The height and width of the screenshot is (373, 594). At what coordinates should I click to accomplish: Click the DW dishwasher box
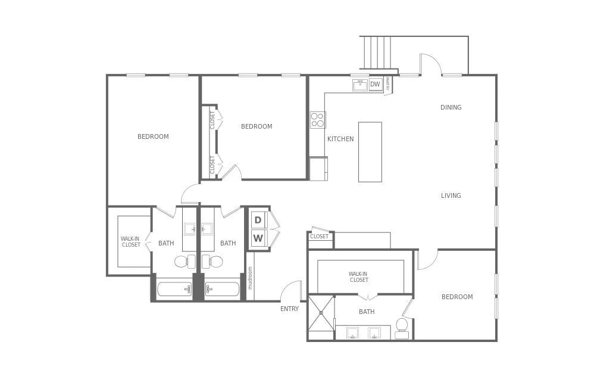(375, 85)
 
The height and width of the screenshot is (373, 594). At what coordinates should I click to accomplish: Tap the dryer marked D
(258, 220)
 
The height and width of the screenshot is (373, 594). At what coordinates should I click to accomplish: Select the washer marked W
(258, 239)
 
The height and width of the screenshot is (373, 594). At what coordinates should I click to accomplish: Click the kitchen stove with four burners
(318, 120)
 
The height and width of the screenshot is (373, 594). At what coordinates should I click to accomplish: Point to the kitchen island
(370, 152)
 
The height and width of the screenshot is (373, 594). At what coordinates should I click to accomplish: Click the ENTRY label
(289, 309)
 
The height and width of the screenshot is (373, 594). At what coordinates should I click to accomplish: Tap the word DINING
(451, 108)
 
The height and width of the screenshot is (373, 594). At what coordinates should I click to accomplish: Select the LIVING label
(451, 195)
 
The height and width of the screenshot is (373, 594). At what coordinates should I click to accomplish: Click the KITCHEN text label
(340, 139)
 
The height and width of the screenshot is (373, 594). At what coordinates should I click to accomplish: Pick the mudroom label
(250, 278)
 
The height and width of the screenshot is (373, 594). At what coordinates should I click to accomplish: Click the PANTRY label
(387, 84)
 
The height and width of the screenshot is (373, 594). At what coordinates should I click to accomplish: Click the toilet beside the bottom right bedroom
(402, 328)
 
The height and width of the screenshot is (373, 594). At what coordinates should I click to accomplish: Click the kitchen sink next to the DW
(360, 85)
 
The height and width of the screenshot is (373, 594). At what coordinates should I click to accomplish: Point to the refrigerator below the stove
(318, 169)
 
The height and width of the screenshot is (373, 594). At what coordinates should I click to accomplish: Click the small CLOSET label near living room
(319, 237)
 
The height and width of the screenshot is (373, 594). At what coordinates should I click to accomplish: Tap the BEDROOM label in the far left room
(153, 136)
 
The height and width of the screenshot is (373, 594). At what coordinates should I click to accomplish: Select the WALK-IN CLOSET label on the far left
(131, 241)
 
